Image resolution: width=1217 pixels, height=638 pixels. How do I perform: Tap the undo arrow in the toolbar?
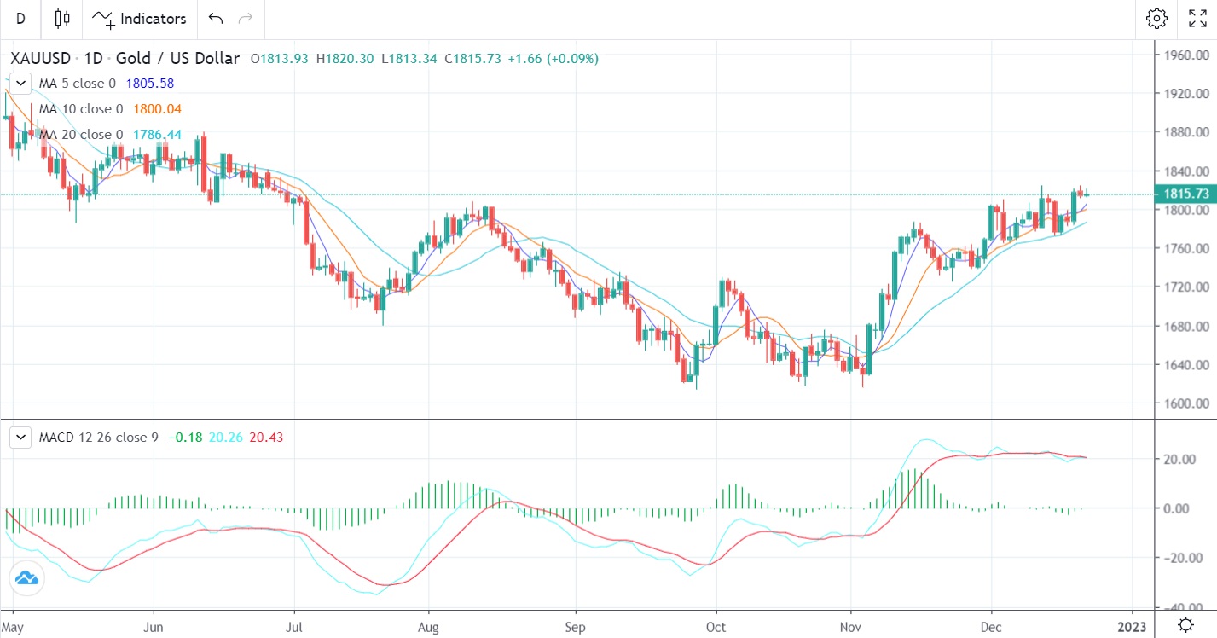point(216,19)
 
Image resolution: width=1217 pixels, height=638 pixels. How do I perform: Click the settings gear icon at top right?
point(1156,19)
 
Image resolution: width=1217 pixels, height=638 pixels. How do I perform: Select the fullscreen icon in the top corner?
point(1197,19)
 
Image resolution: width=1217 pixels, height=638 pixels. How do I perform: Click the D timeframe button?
point(20,19)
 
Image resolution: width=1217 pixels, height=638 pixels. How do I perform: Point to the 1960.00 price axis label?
point(1185,55)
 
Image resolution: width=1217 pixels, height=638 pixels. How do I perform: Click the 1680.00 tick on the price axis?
point(1185,327)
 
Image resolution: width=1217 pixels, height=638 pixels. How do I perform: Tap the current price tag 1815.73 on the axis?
point(1185,194)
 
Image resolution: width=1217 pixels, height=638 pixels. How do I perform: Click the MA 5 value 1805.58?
point(150,84)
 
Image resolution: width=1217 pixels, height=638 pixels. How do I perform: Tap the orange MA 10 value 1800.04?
point(157,109)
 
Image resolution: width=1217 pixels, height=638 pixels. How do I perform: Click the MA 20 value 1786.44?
point(157,135)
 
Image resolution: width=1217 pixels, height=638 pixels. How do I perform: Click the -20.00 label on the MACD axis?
point(1182,558)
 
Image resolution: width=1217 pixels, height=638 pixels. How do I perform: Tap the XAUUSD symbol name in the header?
point(41,59)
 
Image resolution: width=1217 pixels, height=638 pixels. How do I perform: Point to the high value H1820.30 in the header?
point(345,59)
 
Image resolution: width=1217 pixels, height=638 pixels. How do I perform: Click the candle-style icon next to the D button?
point(61,19)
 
